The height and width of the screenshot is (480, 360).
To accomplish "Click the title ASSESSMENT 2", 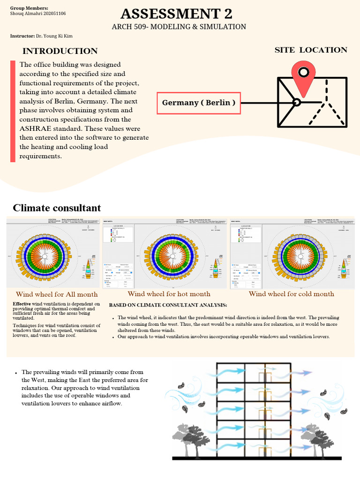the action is (x=176, y=14).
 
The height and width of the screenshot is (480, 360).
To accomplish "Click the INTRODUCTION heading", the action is (x=60, y=51).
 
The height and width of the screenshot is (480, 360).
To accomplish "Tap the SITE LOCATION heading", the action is (x=311, y=50).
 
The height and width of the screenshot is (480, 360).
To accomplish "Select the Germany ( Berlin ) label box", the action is (x=198, y=103).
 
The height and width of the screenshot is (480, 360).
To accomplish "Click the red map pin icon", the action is (x=303, y=77).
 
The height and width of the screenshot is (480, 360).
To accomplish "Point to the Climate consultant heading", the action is (x=57, y=208).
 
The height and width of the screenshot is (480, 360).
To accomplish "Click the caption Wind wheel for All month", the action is (x=57, y=294).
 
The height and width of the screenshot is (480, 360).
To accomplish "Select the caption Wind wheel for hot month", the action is (x=169, y=294).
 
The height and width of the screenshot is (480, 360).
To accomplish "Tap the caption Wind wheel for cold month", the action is (x=291, y=294).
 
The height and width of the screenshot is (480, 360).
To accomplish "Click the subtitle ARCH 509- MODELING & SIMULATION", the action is (x=179, y=27).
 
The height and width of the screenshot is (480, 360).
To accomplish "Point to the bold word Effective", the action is (x=22, y=304).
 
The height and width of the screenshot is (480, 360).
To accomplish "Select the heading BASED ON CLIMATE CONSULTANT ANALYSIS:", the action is (x=168, y=305).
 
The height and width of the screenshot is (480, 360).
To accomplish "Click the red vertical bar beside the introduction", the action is (x=13, y=111).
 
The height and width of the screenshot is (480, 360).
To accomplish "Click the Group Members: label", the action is (x=29, y=8).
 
